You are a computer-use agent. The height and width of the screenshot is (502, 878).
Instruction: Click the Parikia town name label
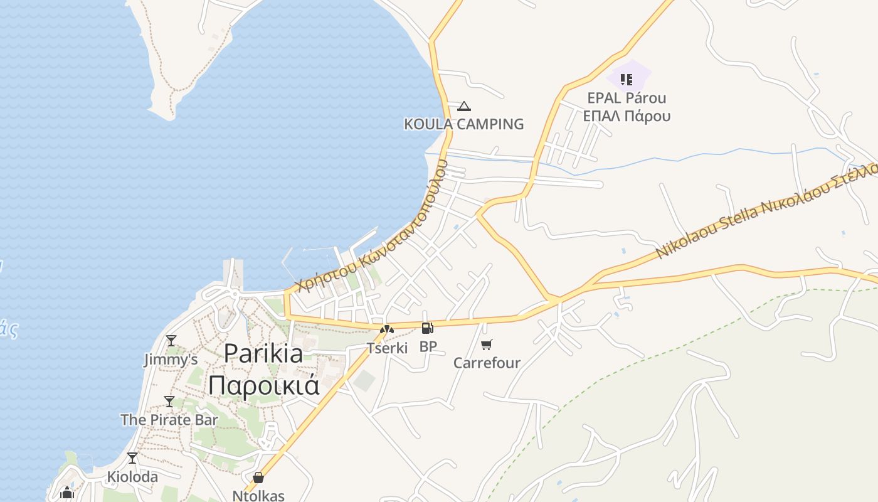click(263, 354)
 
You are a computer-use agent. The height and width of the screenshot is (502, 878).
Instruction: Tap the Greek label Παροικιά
click(263, 384)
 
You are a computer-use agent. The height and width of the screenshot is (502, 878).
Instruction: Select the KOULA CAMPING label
click(463, 124)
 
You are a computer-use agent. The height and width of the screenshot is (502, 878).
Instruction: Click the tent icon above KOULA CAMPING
click(463, 106)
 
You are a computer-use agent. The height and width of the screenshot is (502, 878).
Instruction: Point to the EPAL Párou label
click(627, 98)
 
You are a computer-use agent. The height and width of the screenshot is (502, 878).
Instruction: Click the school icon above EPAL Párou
click(626, 79)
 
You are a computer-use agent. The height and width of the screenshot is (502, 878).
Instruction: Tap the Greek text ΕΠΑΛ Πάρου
click(627, 116)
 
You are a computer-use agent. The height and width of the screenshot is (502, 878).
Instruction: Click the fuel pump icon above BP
click(427, 328)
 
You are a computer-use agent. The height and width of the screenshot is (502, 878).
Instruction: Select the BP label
click(428, 346)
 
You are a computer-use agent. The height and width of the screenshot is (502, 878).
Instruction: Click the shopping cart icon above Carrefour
click(487, 344)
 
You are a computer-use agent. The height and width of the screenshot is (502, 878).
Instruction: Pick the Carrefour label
click(487, 363)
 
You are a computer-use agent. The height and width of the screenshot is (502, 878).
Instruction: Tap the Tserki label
click(387, 348)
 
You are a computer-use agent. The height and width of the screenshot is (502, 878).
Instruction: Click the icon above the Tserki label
click(387, 329)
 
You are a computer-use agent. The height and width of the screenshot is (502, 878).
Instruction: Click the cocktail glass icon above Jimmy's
click(171, 341)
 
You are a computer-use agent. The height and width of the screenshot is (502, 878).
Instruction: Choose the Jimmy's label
click(171, 360)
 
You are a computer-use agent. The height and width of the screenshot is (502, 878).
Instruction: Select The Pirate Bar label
click(169, 420)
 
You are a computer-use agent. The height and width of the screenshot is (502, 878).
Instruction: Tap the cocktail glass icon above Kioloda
click(132, 458)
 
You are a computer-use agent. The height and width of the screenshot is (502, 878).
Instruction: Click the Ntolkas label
click(258, 496)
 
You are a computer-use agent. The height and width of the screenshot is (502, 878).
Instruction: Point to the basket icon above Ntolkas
click(258, 478)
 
